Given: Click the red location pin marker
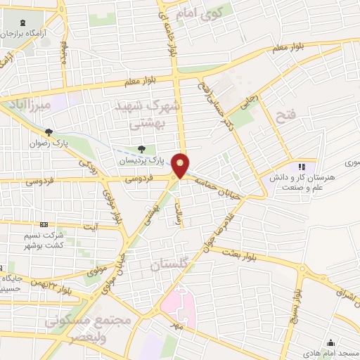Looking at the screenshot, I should [181, 165].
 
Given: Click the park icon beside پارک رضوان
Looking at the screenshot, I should [49, 132].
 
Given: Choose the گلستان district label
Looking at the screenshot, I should [170, 264].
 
